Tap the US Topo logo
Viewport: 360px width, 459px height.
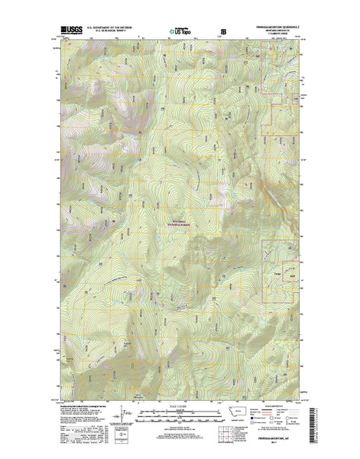pyautogui.click(x=180, y=32)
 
